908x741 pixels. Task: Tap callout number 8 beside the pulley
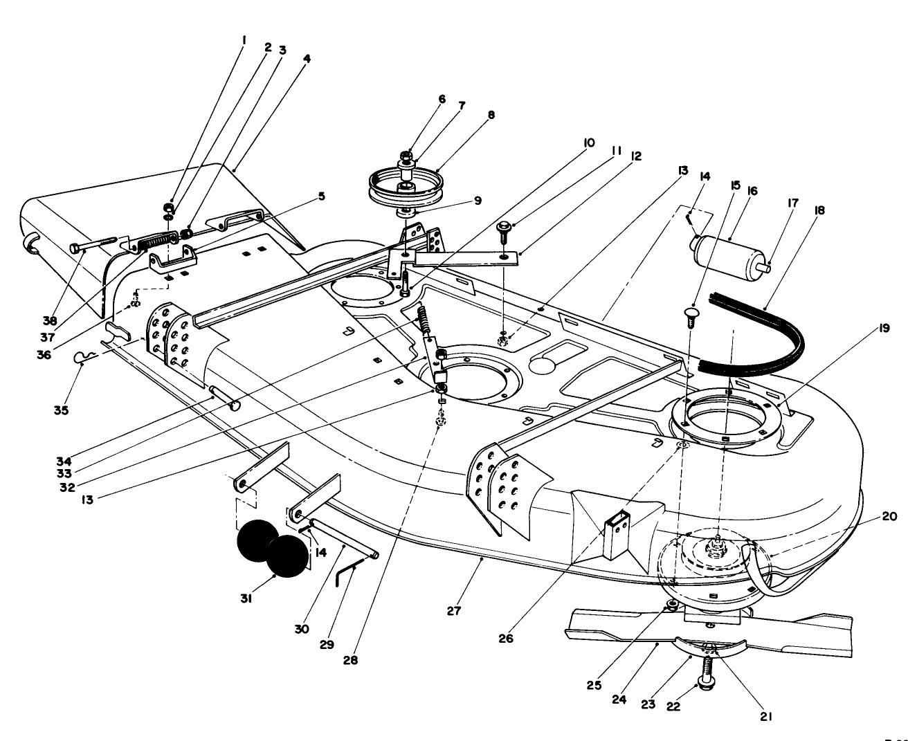tap(491, 116)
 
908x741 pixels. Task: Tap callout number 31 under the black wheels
tap(246, 598)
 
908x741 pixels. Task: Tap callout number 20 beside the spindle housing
tap(889, 515)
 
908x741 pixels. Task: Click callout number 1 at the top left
tap(243, 40)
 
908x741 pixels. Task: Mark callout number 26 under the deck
tap(506, 638)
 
